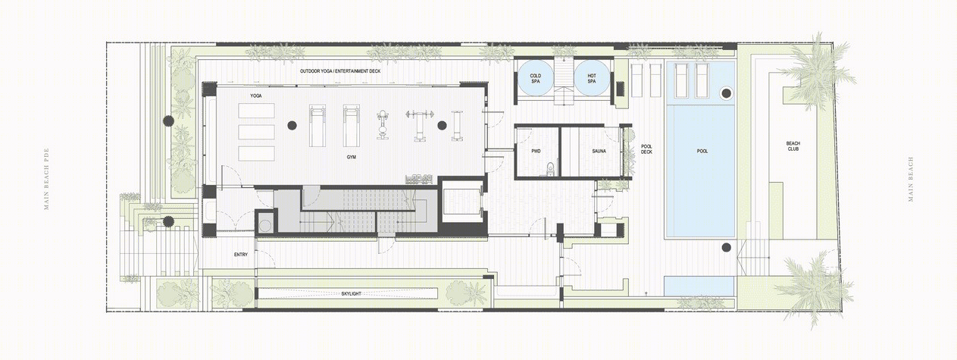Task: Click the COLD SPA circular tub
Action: pos(536,78)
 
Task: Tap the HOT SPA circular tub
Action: pos(592,78)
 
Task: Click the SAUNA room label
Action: pos(599,151)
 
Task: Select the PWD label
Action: pos(536,151)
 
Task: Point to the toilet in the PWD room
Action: pos(550,168)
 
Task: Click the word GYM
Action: pos(351,158)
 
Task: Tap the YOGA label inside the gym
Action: pos(256,95)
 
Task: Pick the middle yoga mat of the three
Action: pos(256,132)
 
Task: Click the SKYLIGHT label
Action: pos(351,294)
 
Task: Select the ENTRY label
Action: pos(241,255)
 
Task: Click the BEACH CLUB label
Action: pos(793,146)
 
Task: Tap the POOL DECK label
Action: pos(647,149)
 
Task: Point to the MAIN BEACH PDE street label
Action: pos(46,179)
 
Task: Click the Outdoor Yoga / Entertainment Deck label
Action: pos(340,71)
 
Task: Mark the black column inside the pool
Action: pos(726,92)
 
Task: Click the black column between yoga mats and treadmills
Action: pos(292,125)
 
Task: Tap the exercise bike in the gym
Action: pos(383,125)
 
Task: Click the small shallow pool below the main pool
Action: pos(699,286)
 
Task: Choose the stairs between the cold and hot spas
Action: pos(564,82)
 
